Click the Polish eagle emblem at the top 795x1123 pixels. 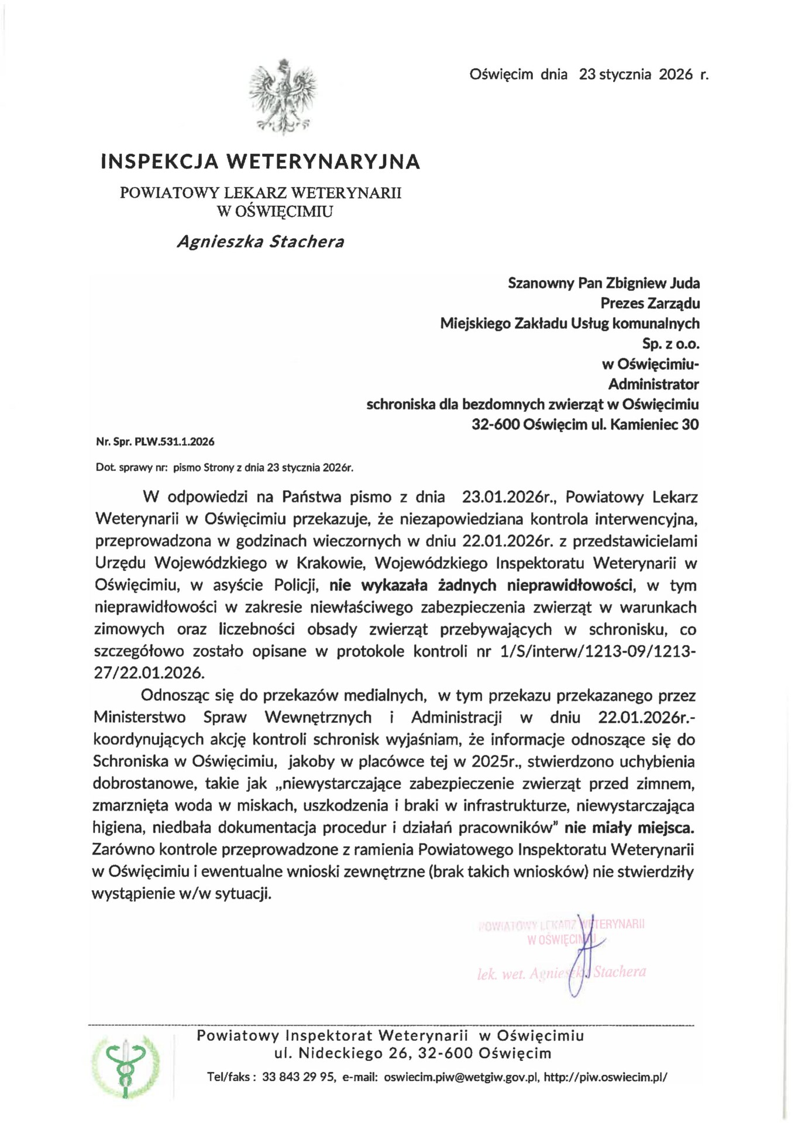coord(283,96)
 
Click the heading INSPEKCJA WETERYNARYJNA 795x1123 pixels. coord(260,161)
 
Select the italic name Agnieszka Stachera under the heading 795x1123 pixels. coord(260,242)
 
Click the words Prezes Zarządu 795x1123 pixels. coord(650,303)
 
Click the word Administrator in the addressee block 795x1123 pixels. coord(653,384)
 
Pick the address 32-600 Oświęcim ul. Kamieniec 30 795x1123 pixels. coord(585,424)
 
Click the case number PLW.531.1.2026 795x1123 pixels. coord(174,442)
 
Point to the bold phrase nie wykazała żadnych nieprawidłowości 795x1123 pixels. coord(481,585)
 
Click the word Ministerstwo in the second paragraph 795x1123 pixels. coord(139,717)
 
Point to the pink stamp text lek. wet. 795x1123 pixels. coord(501,974)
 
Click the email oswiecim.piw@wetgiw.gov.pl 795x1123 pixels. coord(460,1077)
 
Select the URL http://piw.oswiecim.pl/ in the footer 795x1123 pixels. coord(605,1077)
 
